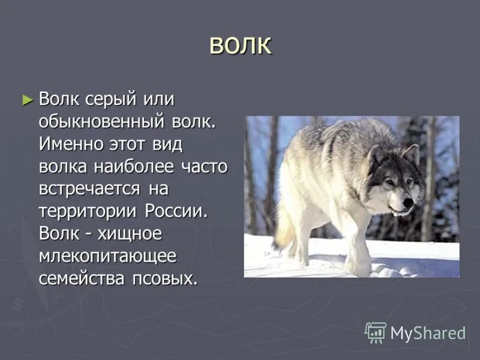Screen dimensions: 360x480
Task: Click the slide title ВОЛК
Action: [x=240, y=46]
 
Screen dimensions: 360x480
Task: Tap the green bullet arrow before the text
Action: [x=27, y=99]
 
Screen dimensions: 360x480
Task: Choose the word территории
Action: [x=89, y=211]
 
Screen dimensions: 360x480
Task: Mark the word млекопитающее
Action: [x=108, y=256]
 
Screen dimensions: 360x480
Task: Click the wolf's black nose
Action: [x=409, y=203]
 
